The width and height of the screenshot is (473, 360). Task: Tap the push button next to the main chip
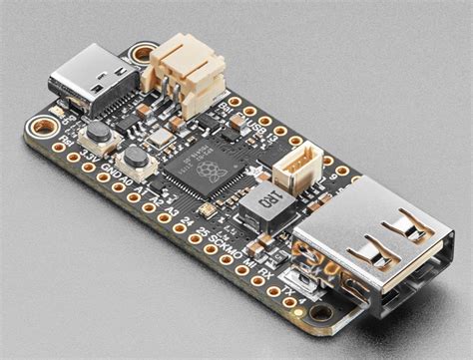pyautogui.click(x=132, y=159)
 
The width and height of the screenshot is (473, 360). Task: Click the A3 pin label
pyautogui.click(x=172, y=211)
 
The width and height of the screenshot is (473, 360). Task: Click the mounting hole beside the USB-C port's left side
pyautogui.click(x=42, y=126)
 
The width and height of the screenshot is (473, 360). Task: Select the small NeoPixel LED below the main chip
pyautogui.click(x=206, y=211)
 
